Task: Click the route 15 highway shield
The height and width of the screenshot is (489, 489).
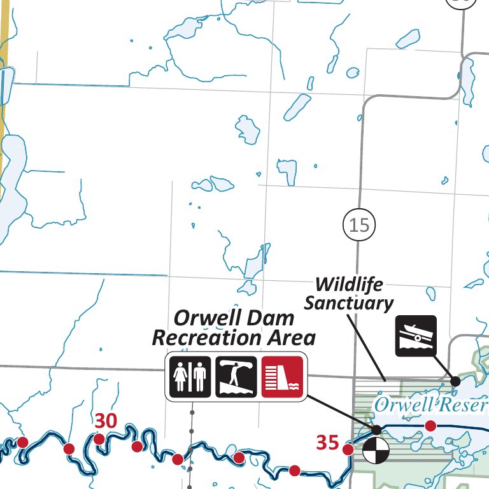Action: [358, 224]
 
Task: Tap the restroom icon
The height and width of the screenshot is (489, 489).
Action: [190, 376]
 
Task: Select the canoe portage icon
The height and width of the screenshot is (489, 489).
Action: [236, 376]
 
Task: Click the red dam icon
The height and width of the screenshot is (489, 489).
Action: [282, 376]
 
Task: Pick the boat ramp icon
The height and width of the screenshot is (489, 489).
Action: [416, 335]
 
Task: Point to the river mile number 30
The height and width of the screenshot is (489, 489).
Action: [106, 421]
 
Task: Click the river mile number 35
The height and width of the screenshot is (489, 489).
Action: [327, 443]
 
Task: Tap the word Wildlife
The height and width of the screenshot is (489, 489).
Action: [349, 283]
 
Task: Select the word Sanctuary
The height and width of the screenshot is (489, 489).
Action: [349, 302]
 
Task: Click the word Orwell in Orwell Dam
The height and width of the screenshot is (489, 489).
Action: [202, 317]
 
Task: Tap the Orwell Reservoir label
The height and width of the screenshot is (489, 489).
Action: [431, 405]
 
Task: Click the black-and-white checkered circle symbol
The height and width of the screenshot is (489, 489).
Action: [374, 451]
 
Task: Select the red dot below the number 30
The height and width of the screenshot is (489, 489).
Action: [99, 439]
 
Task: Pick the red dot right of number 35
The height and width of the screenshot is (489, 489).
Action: [348, 450]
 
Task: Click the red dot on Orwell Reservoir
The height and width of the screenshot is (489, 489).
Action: [430, 425]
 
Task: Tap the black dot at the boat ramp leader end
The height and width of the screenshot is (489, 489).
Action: [455, 381]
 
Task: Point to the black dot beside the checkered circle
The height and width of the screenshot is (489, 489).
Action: [377, 430]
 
